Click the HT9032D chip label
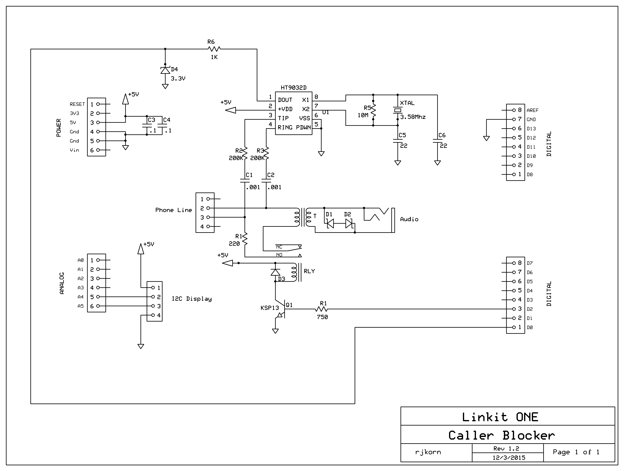point(293,88)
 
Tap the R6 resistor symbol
point(214,49)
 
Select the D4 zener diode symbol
point(165,70)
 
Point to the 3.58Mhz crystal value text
point(413,117)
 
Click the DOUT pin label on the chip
point(285,100)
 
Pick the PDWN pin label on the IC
point(303,127)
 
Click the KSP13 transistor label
point(269,308)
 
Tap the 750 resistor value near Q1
point(322,317)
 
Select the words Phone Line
point(174,210)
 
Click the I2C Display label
point(192,299)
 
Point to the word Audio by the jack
point(409,219)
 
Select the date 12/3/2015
point(509,458)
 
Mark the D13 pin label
point(531,129)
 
